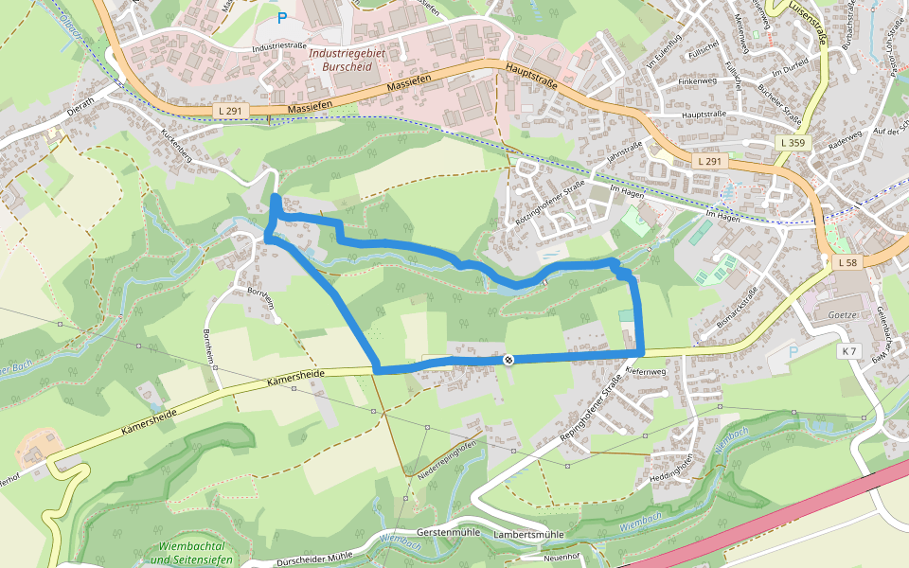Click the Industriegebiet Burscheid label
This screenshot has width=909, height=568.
348,61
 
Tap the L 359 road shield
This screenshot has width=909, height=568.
793,142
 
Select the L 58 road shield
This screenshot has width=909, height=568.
847,261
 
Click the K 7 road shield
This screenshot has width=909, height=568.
848,351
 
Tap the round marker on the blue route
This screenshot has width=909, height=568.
509,359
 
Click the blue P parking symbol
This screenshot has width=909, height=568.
281,17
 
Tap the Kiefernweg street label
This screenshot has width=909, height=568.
647,371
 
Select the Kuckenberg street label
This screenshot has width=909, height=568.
177,146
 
